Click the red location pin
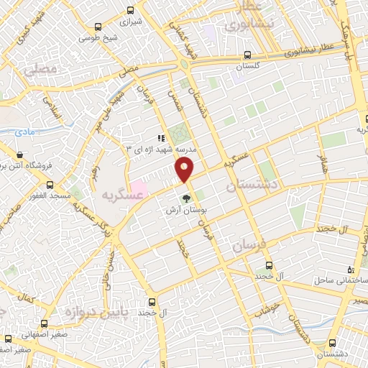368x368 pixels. pos(185,170)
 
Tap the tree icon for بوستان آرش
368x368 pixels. pos(186,198)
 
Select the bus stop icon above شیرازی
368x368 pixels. pos(130,10)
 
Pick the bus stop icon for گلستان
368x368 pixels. pos(247,55)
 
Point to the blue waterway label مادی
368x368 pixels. pos(24,132)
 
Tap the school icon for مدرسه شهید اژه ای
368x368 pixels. pos(161,138)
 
